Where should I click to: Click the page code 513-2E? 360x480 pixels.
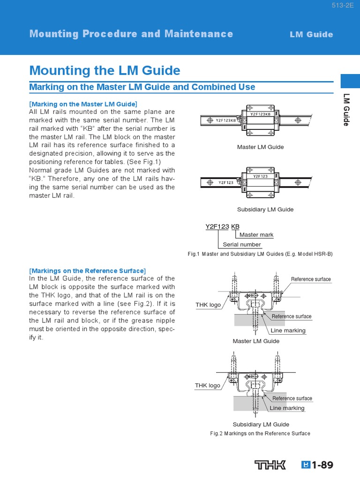coord(344,6)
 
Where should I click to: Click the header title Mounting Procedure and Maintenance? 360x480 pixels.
coord(131,34)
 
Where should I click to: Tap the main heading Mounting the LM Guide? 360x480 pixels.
coord(105,71)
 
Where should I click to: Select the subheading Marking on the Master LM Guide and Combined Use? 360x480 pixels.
coord(142,87)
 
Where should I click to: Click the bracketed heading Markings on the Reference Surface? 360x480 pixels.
coord(87,271)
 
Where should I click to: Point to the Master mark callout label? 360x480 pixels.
coord(256,235)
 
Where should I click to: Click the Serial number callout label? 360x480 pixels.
coord(241,244)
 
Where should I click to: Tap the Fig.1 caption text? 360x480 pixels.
coord(260,254)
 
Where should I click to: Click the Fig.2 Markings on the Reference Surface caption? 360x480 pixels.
coord(260,434)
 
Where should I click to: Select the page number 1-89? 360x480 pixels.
coord(322,465)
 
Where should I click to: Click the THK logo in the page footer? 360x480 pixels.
coord(270,465)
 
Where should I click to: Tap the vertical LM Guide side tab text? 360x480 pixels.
coord(346,110)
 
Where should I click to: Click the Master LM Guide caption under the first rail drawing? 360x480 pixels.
coord(260,147)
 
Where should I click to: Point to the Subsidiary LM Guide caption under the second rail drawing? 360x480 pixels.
coord(265,210)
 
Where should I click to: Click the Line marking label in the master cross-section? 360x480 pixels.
coord(288,330)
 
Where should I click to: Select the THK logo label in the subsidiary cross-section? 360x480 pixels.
coord(208,385)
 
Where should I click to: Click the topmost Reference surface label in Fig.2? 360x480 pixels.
coord(310,279)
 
